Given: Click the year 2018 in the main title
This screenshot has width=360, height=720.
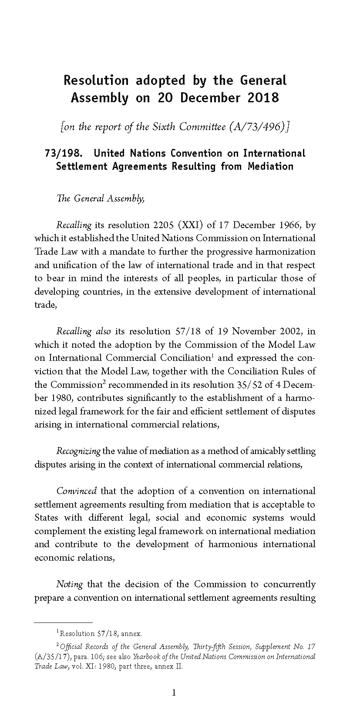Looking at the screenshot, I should pos(263,98).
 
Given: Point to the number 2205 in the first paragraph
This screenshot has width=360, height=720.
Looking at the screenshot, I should pos(163,225).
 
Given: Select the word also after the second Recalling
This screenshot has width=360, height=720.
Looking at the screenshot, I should pos(103,332).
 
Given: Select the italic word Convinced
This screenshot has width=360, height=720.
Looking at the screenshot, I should pos(77,491).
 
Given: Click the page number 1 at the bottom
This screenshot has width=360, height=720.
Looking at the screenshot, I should pos(174,693).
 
